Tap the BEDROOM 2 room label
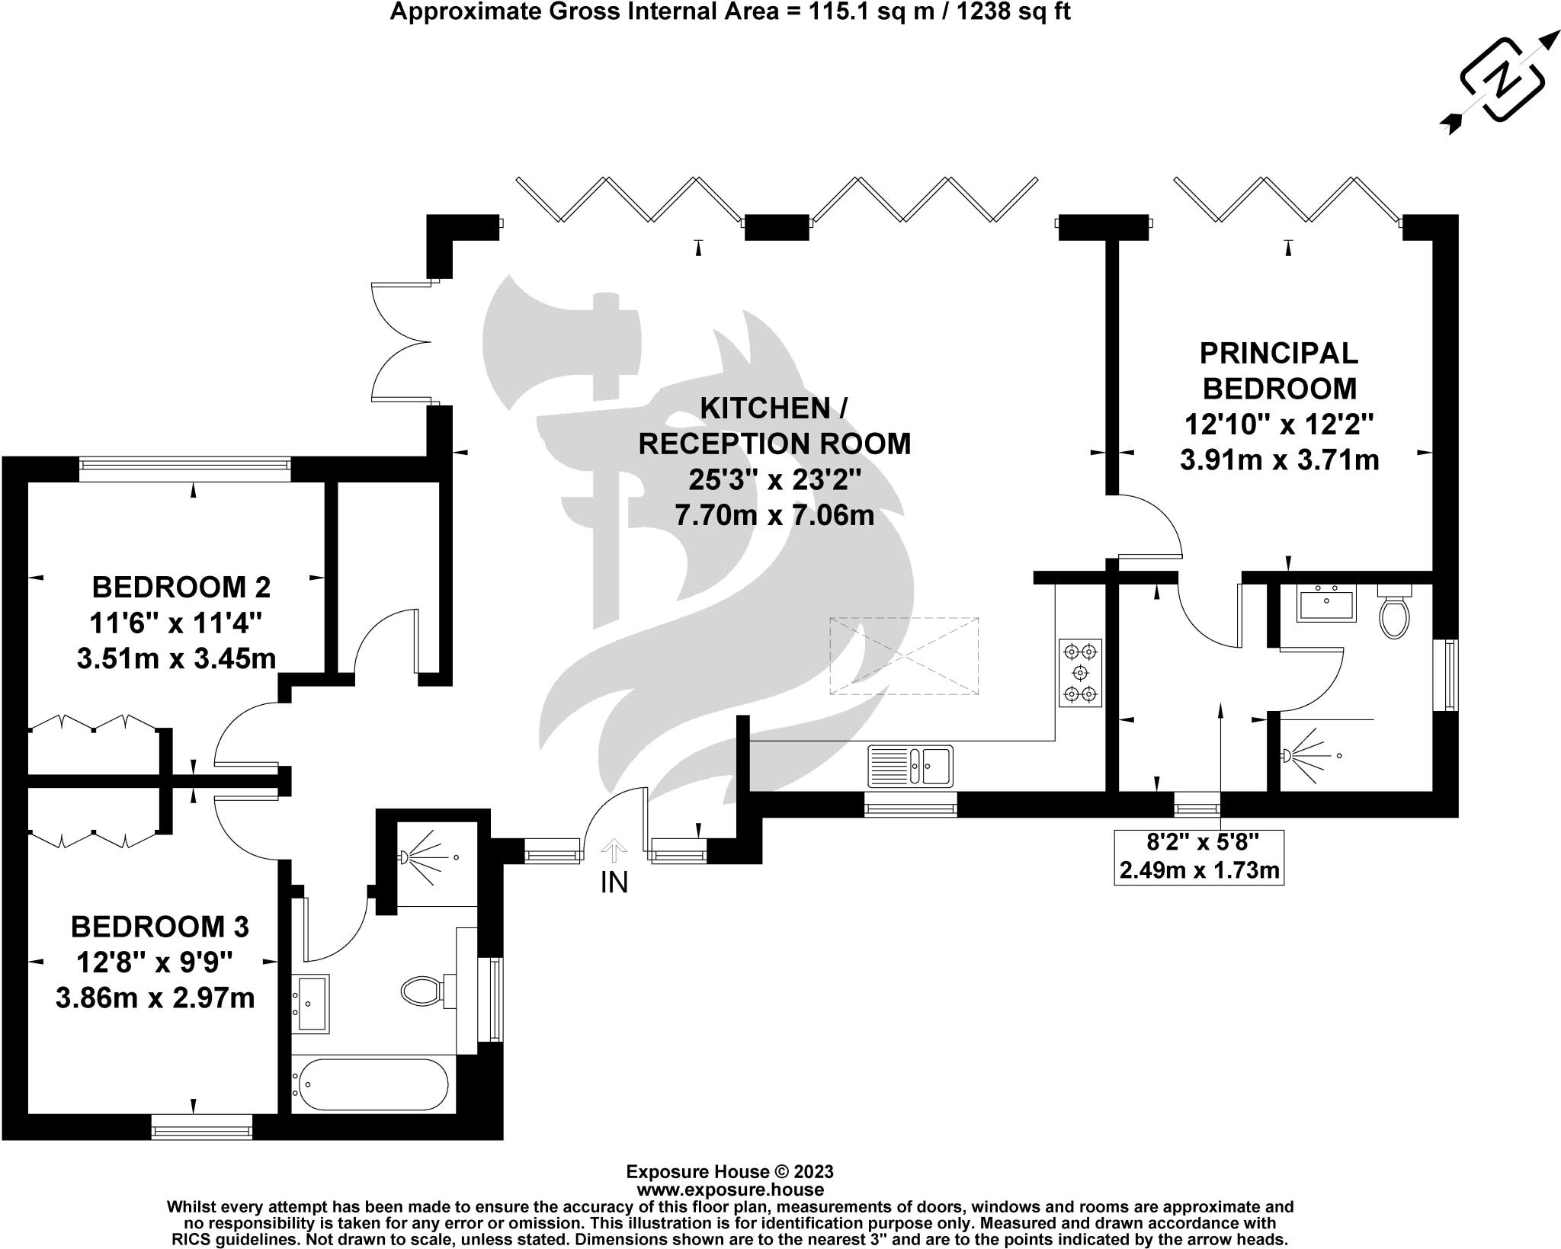(x=181, y=588)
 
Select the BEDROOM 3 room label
(x=159, y=927)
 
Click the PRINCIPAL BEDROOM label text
(x=1278, y=371)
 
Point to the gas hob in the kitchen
(x=1080, y=673)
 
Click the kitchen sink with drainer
(x=909, y=765)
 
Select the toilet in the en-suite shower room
(x=1394, y=614)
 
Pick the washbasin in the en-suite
(x=1326, y=606)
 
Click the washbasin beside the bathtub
(x=310, y=1003)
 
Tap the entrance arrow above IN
(x=614, y=848)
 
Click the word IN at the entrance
(x=614, y=882)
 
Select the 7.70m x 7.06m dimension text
(x=774, y=516)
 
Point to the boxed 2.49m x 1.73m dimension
(x=1198, y=869)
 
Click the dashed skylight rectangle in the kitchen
(x=903, y=655)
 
